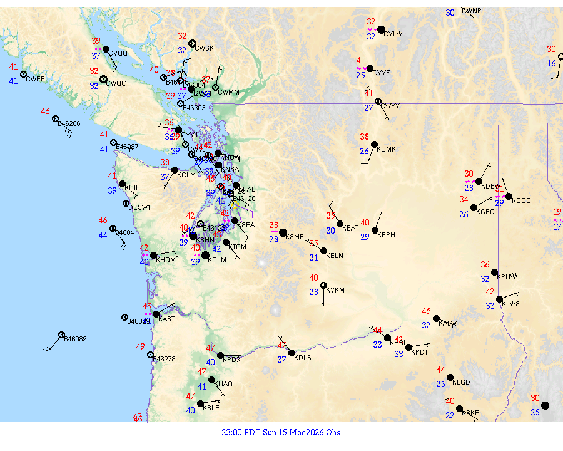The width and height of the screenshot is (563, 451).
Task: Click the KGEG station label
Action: (x=485, y=212)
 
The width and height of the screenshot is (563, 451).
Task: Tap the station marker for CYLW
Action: (x=381, y=29)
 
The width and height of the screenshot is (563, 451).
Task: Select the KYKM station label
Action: (x=335, y=290)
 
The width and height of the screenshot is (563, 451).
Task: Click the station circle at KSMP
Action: (x=283, y=232)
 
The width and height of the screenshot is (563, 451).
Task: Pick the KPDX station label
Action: (x=231, y=360)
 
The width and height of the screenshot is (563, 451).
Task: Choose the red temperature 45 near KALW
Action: (x=427, y=311)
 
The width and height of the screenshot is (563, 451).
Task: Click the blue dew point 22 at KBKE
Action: (x=450, y=415)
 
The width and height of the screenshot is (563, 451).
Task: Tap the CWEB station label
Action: (x=35, y=79)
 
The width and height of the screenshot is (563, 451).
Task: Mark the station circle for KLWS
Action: (x=499, y=299)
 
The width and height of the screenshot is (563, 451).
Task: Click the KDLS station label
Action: (x=303, y=358)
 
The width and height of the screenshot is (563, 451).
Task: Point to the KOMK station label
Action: (x=387, y=148)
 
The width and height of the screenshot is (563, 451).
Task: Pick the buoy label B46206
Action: (x=69, y=123)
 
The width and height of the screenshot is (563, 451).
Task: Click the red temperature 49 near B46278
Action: (x=141, y=346)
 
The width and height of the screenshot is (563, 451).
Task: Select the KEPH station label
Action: (x=386, y=235)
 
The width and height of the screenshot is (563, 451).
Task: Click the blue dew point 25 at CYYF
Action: (x=361, y=75)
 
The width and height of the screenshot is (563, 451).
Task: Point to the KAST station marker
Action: (x=156, y=314)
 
